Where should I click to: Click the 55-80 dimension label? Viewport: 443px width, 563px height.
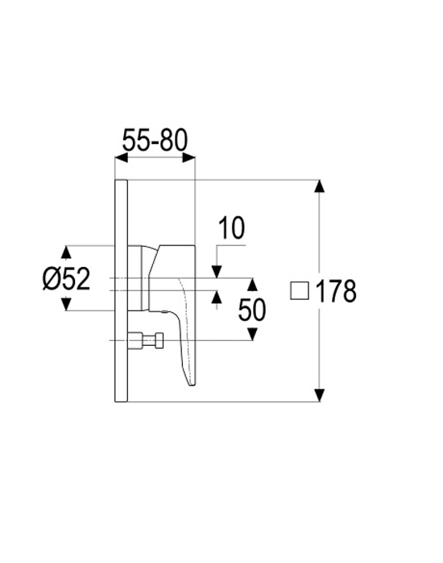click(x=155, y=140)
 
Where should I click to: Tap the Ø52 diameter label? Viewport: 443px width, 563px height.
click(x=66, y=279)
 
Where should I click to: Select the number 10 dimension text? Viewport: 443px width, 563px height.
click(x=232, y=228)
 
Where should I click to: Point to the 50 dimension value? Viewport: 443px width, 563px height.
click(x=252, y=310)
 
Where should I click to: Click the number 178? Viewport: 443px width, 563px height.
click(x=336, y=291)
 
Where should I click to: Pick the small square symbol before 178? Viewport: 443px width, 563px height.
click(x=300, y=290)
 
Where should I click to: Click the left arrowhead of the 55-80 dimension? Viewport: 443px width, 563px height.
click(x=121, y=158)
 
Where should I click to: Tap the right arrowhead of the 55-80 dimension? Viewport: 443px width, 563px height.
click(x=188, y=158)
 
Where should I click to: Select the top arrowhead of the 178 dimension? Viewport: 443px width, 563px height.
click(x=319, y=187)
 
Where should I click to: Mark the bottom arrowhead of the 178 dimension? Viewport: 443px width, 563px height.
click(x=319, y=395)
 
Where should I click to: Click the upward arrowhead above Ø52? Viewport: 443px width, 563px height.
click(x=65, y=252)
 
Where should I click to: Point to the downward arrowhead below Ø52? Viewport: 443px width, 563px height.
click(x=65, y=304)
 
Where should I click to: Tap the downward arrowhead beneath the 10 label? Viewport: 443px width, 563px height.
click(x=217, y=272)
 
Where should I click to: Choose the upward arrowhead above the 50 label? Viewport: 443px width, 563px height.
click(x=253, y=285)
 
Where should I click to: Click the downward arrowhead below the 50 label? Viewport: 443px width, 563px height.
click(x=253, y=334)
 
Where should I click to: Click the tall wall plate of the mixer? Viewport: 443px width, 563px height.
click(x=121, y=290)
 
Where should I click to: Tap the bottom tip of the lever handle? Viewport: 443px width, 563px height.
click(x=192, y=385)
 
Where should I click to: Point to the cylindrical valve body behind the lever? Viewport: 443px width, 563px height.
click(x=138, y=278)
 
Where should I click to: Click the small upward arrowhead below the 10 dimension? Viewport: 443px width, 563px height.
click(x=217, y=297)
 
